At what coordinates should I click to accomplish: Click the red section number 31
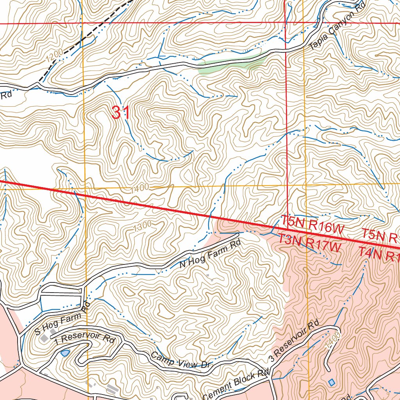120,113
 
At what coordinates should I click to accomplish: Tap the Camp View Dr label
180,360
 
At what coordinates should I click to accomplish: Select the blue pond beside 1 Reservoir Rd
65,353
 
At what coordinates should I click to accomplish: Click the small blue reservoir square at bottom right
332,382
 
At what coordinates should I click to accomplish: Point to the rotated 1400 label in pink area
333,339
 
